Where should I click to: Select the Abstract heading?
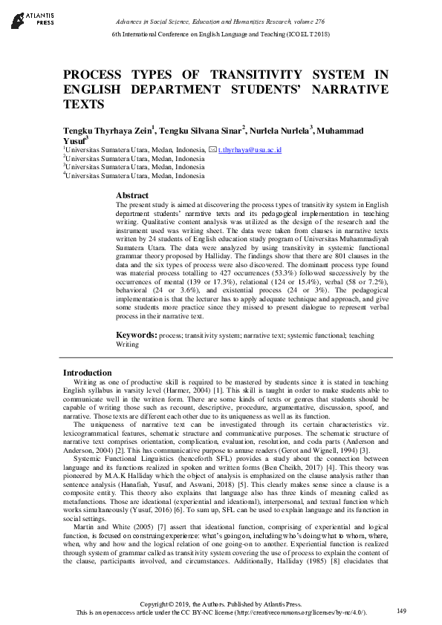coord(134,194)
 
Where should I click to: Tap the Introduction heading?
coord(88,373)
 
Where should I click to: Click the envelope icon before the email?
coord(213,150)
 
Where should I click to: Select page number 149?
coord(402,611)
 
